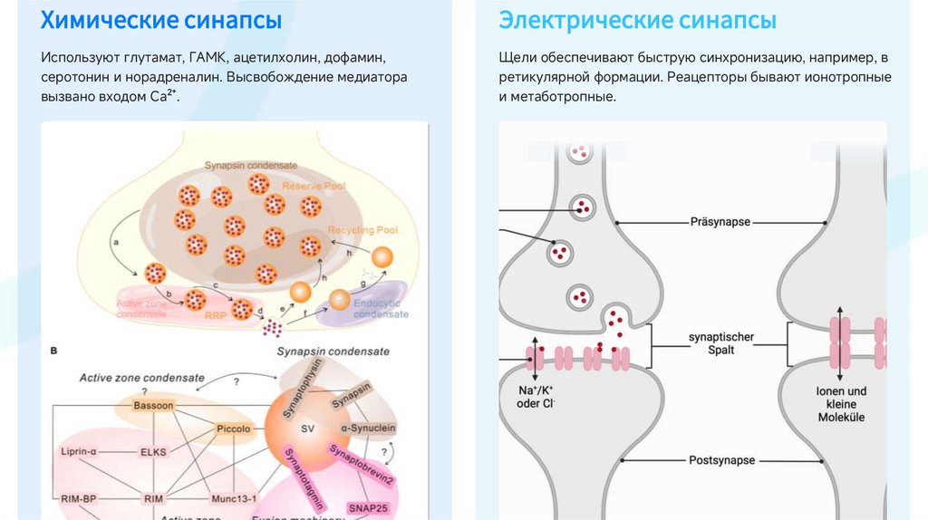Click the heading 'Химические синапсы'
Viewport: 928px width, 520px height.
160,20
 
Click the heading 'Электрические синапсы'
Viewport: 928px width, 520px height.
637,20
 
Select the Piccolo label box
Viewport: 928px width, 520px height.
231,428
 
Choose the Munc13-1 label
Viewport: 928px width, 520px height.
234,497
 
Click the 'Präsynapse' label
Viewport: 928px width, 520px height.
722,221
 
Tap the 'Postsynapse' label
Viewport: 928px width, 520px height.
722,460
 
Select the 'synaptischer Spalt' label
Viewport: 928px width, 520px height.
721,343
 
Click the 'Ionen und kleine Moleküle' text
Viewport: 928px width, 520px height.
841,404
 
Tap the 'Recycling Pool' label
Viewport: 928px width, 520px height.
362,230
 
